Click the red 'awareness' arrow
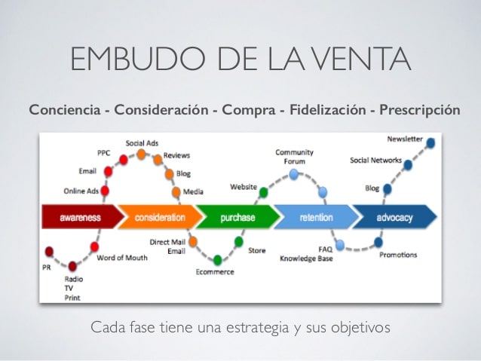click(81, 217)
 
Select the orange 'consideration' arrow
click(160, 217)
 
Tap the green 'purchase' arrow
click(237, 217)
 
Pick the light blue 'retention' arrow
click(317, 217)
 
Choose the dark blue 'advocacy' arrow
click(394, 217)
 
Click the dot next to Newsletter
click(430, 143)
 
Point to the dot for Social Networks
click(408, 165)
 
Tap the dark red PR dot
click(49, 252)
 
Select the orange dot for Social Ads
click(141, 154)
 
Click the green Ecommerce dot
click(217, 260)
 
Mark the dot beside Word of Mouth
click(94, 246)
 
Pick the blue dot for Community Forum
click(294, 175)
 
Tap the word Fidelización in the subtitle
click(328, 110)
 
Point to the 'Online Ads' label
click(81, 191)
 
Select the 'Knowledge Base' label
click(306, 259)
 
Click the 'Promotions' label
click(398, 255)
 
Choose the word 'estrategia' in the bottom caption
click(257, 328)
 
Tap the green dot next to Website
click(263, 193)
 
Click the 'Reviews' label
click(176, 155)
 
